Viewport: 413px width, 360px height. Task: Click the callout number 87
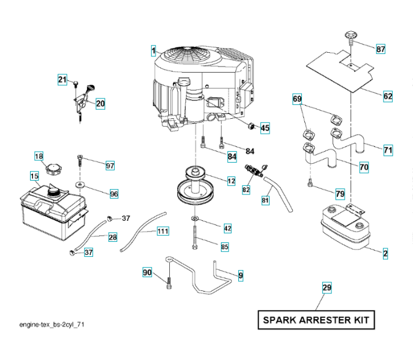[x=381, y=49]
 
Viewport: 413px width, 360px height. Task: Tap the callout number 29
[x=327, y=288]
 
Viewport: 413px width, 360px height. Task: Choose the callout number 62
[x=388, y=95]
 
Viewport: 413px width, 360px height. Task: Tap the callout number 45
[x=265, y=128]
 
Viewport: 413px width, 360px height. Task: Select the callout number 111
[x=163, y=231]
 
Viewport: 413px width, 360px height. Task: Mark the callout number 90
[x=147, y=273]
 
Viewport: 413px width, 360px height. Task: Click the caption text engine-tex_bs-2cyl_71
[x=51, y=324]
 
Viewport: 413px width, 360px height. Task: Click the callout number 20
[x=100, y=104]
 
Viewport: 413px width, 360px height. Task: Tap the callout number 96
[x=113, y=194]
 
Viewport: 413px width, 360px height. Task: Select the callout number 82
[x=246, y=190]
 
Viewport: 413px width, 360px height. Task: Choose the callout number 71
[x=388, y=150]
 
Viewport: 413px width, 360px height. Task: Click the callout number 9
[x=241, y=275]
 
